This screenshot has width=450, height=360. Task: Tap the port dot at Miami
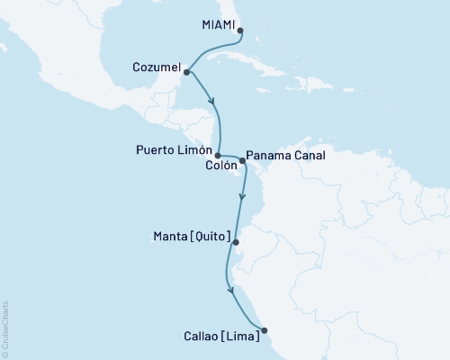[x=239, y=30]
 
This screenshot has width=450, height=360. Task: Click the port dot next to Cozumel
[x=184, y=71]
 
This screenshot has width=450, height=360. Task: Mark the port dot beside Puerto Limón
[x=218, y=155]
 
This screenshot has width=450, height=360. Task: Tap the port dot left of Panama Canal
[x=242, y=161]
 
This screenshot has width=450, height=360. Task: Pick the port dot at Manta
[x=236, y=241]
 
